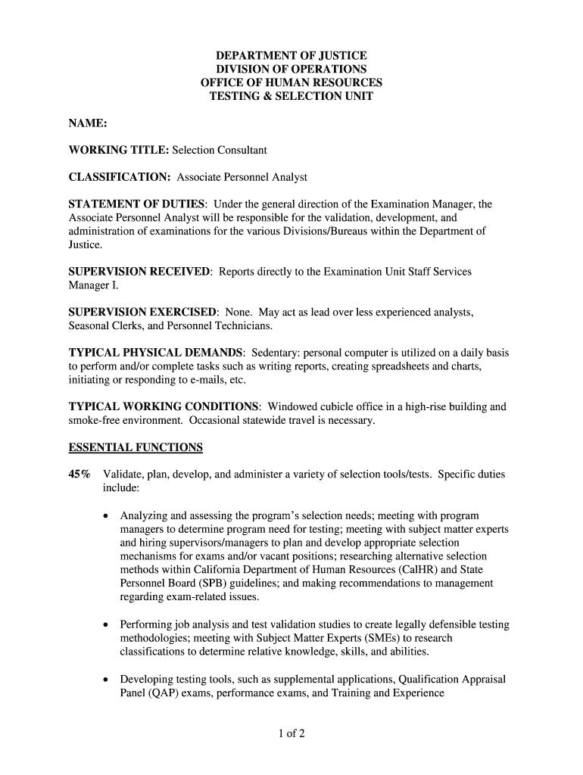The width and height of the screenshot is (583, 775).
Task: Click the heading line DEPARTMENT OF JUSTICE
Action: [x=291, y=56]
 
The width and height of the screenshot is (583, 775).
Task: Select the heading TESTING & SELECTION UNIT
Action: [x=291, y=97]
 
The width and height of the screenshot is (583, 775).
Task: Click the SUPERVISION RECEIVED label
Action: [x=141, y=272]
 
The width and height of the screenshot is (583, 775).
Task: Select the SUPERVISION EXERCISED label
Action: [x=143, y=312]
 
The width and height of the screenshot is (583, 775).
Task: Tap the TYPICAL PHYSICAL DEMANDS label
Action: [x=157, y=353]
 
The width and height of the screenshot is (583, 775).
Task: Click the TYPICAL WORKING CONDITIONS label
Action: [x=164, y=406]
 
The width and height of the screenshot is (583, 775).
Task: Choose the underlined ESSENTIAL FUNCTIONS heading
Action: [x=136, y=447]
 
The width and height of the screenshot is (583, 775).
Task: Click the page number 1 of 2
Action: [x=291, y=733]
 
